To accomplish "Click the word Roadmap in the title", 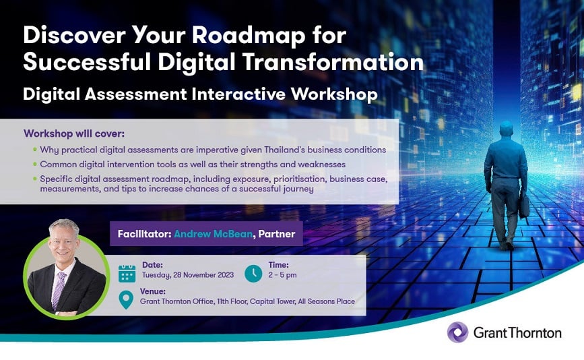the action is (249, 36).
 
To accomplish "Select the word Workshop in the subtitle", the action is (334, 94).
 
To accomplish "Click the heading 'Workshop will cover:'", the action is (74, 133).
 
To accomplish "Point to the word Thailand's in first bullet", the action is (284, 150).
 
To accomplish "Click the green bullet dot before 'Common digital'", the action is (35, 164).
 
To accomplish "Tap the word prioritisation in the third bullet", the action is (300, 179).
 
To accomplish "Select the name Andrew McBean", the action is (213, 234).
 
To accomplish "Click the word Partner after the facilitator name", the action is (276, 234).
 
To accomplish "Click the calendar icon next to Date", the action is (127, 273).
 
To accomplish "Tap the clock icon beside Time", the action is (253, 274).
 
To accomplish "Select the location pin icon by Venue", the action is (126, 299).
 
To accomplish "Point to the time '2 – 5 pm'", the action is (282, 275).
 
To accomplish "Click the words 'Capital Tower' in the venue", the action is (272, 301).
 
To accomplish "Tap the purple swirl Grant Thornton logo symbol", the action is (458, 332).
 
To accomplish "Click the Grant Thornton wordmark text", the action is (517, 332).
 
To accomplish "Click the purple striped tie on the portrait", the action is (59, 290).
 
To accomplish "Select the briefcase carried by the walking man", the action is (524, 206).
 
